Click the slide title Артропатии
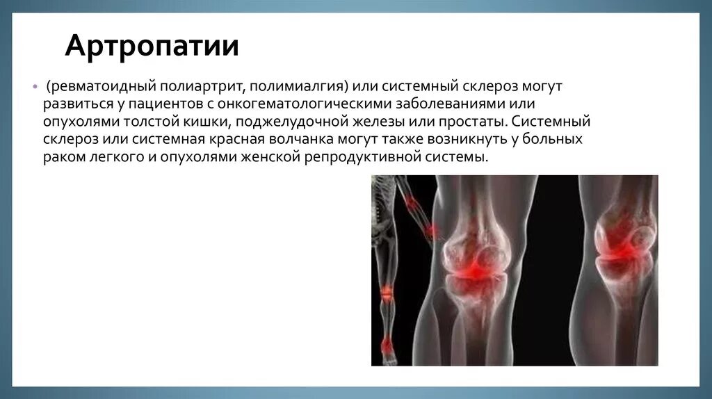pos(152,47)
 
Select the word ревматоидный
pos(102,88)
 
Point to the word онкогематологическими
pos(312,105)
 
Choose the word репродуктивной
pos(361,157)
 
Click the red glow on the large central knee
pos(476,267)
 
